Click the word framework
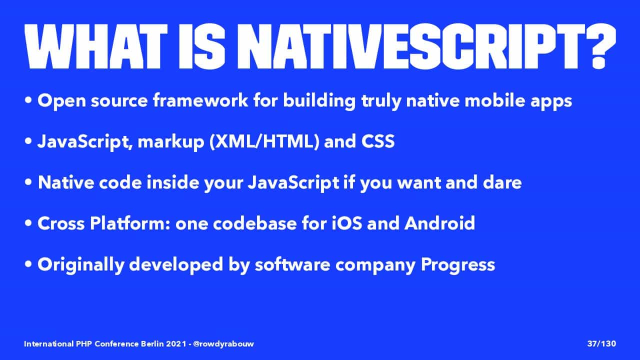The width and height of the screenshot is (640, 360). point(200,100)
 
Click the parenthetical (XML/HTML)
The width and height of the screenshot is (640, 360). point(264,141)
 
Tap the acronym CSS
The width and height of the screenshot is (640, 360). point(378,141)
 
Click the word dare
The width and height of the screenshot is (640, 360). point(502,182)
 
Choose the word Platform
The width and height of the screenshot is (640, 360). point(129,223)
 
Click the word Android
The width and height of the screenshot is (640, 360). point(439,223)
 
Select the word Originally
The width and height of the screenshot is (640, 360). point(81,265)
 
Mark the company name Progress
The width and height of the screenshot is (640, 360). point(458,265)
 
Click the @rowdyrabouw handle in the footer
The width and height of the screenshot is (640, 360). point(223,343)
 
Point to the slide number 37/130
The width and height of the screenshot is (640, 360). point(601,343)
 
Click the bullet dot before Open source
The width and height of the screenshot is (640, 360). point(28,100)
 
